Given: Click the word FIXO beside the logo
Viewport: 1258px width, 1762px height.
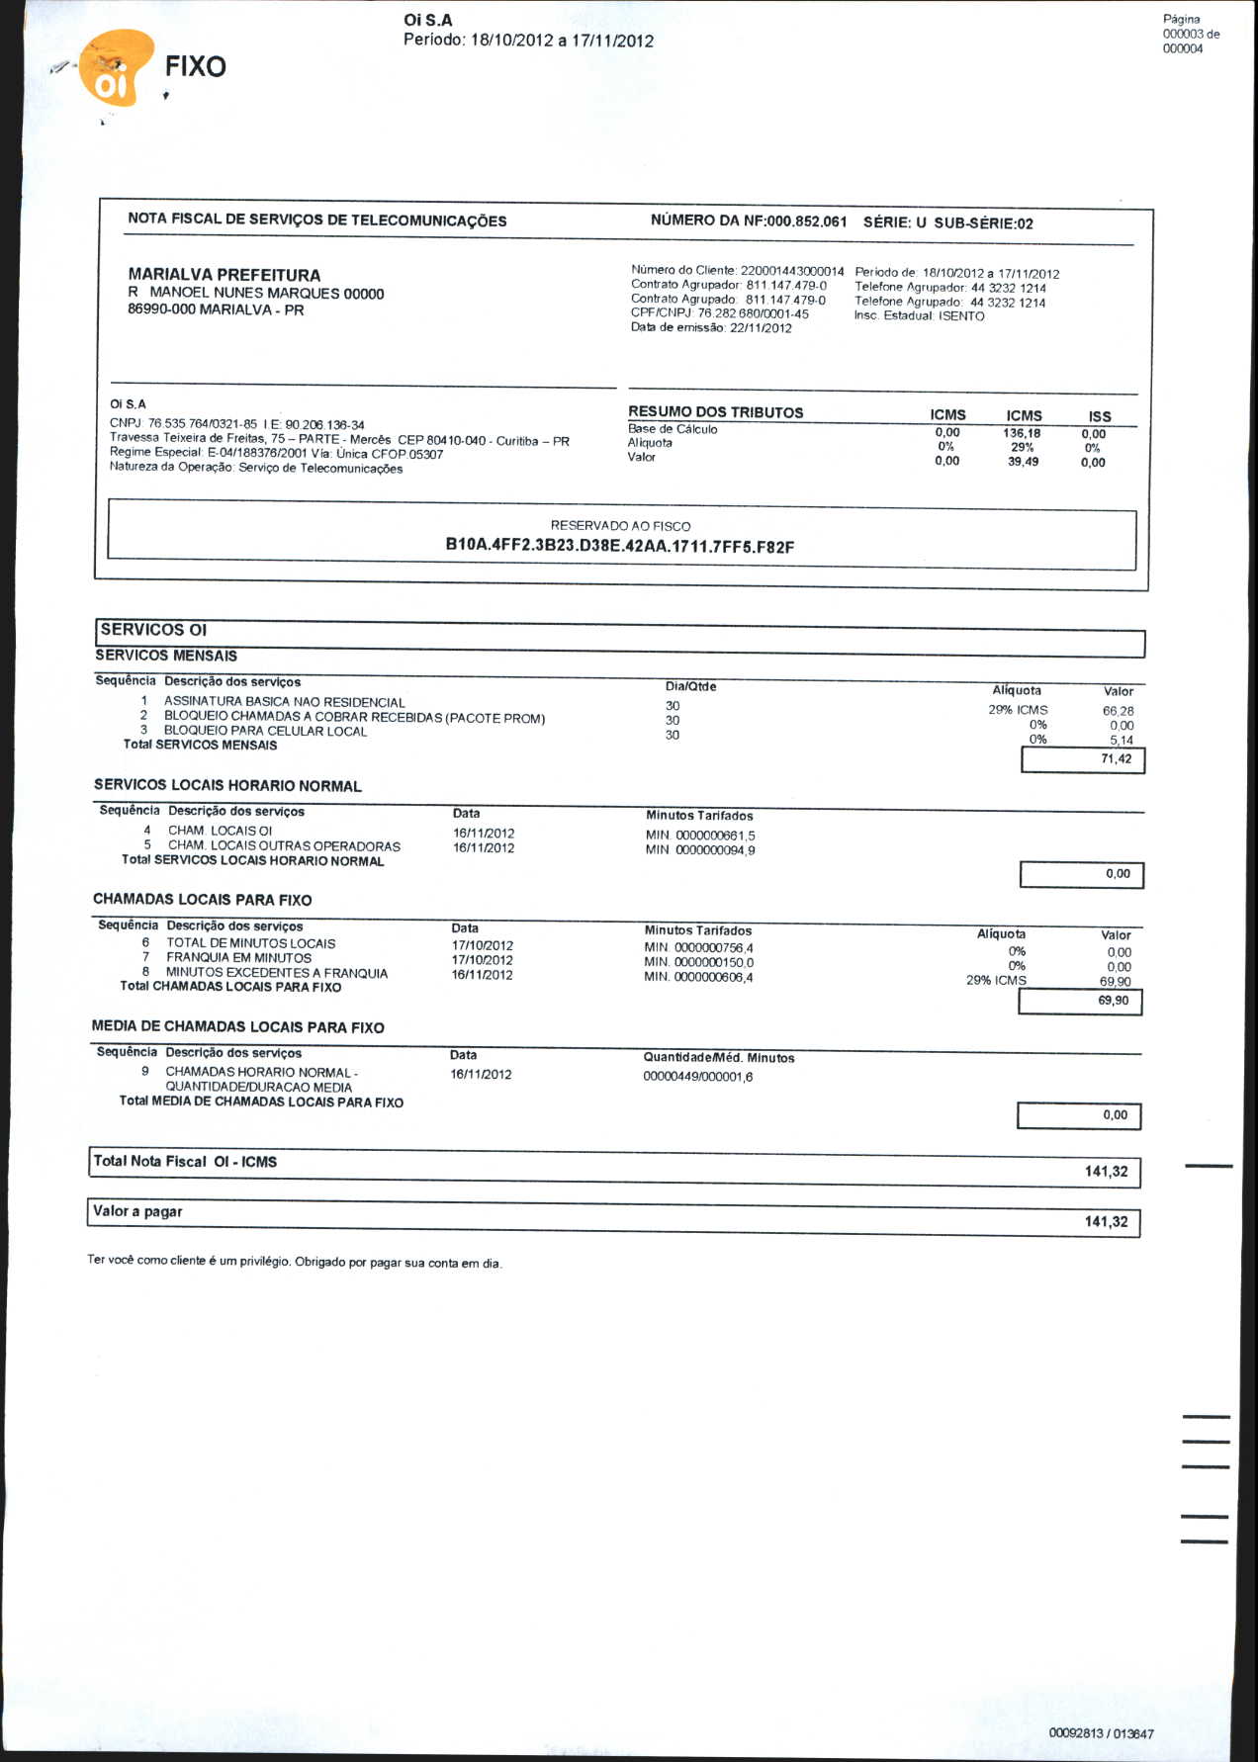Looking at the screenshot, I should [x=195, y=66].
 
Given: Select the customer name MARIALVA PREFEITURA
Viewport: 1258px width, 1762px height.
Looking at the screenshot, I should [x=225, y=275].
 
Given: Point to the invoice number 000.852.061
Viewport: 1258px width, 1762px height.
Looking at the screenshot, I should [x=806, y=221].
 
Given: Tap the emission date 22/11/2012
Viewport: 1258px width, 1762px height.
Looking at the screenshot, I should [x=761, y=328].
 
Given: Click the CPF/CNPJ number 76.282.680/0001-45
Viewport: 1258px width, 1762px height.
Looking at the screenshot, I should [x=753, y=313].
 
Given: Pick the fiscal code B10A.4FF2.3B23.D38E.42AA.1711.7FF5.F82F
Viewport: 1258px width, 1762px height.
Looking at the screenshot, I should [x=620, y=546].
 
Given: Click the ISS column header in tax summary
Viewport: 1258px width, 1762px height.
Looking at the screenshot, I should [x=1099, y=416].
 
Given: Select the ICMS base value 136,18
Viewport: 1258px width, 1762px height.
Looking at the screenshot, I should [x=1022, y=433].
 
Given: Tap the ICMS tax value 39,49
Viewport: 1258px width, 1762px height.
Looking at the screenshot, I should [x=1023, y=462].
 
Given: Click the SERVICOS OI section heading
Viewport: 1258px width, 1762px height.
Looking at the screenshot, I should [x=153, y=630].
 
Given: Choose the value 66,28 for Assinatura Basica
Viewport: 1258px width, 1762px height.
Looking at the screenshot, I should [x=1118, y=711].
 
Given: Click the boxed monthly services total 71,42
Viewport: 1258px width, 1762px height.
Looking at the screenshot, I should [x=1116, y=759].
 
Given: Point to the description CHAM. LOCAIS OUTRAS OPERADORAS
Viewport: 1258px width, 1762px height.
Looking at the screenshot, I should [x=284, y=846].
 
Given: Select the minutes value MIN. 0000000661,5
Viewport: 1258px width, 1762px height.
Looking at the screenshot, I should [x=700, y=836].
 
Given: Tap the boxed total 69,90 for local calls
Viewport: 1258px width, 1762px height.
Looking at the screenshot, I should [x=1113, y=1001].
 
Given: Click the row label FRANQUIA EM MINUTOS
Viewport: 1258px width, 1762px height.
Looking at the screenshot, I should [x=238, y=958].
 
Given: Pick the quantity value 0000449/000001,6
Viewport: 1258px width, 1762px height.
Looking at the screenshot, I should [x=697, y=1077].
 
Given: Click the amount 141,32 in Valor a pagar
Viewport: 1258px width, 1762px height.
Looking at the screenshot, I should [x=1106, y=1222].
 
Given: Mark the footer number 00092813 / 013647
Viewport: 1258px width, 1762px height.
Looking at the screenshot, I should [x=1101, y=1733].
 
